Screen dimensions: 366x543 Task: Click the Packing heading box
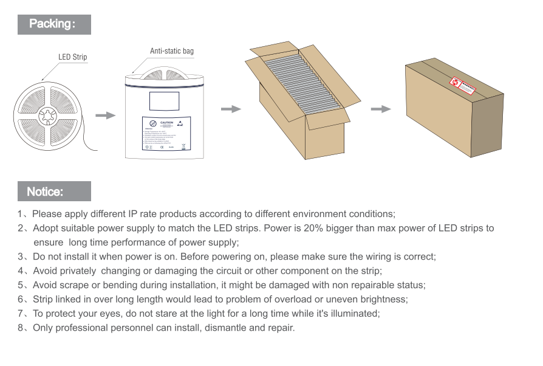coord(54,24)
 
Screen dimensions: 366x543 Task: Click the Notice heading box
coord(54,192)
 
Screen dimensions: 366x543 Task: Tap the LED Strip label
coord(72,57)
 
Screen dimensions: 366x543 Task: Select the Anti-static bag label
coord(172,51)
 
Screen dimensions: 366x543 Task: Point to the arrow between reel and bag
coord(106,115)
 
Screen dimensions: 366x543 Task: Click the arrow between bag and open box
coord(231,109)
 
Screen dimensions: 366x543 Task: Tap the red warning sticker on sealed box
coord(461,86)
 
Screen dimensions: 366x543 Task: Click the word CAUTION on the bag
coord(167,123)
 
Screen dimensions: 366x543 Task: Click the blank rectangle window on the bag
coord(163,101)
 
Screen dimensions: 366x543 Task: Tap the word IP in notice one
coord(134,214)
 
